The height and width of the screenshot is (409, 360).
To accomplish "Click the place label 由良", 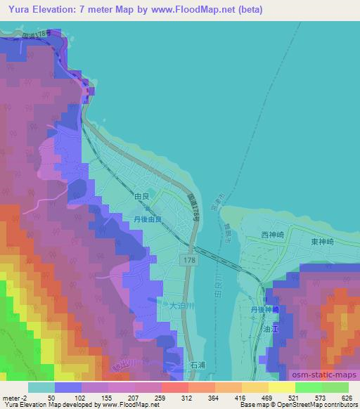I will pos(141,198).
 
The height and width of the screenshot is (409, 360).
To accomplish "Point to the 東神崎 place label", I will pos(324,237).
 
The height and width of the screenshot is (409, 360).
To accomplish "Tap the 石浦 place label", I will pos(198,365).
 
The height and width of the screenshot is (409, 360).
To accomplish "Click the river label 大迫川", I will pos(181,306).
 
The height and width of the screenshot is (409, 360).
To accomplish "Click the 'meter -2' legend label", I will pos(14,398).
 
